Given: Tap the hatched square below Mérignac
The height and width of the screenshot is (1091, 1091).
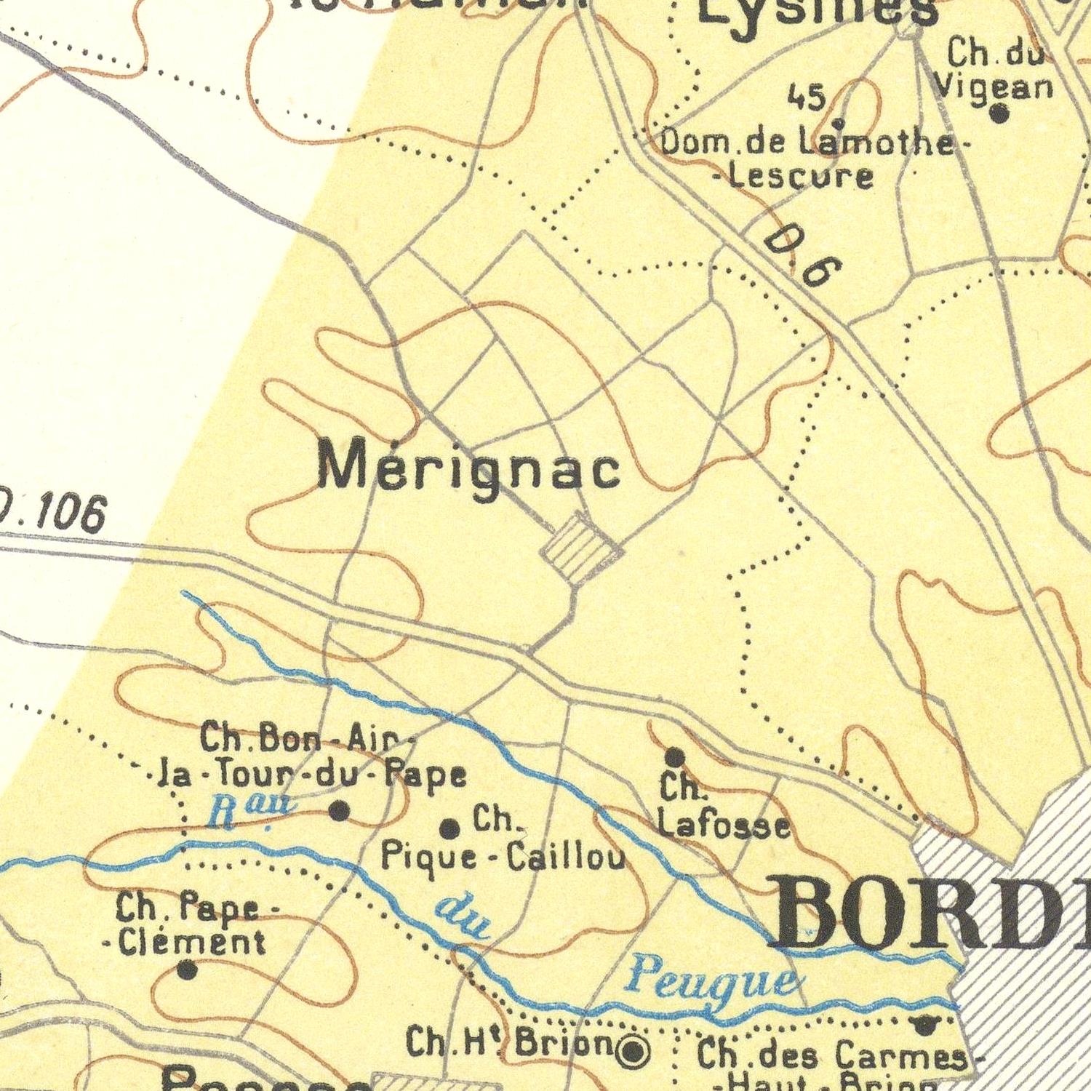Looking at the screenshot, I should click(582, 548).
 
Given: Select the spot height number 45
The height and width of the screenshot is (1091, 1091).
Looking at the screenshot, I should click(807, 97).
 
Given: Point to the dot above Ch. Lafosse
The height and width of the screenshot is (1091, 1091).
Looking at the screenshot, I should click(675, 756).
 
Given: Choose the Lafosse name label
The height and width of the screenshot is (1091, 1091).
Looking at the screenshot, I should click(724, 826).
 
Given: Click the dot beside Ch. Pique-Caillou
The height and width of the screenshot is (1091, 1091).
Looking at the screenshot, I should click(450, 828).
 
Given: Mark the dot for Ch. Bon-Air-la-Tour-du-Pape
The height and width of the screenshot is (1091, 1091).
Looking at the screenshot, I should click(339, 811).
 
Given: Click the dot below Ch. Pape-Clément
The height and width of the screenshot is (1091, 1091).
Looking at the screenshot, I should click(187, 969).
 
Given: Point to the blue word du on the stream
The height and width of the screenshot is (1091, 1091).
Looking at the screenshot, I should click(463, 918).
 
